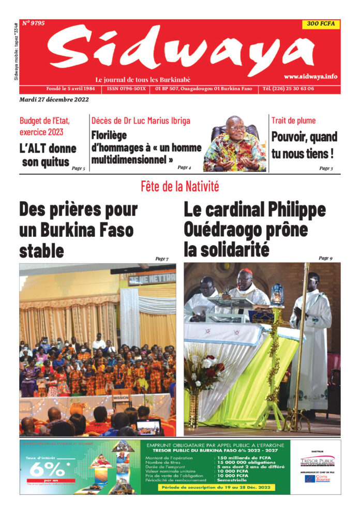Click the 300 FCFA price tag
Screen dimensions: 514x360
pos(321,24)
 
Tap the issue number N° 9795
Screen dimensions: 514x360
pos(34,23)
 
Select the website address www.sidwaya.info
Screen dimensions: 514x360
pos(310,77)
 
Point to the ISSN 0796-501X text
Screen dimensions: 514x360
pos(127,88)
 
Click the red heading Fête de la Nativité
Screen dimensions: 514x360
pos(180,186)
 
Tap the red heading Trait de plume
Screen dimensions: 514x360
pos(293,120)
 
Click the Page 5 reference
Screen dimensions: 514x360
pos(78,169)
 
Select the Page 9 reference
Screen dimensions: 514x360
pos(325,258)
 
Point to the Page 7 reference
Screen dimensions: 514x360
pos(161,259)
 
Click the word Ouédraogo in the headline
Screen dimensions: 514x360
pos(224,230)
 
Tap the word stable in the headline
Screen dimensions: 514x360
pos(41,251)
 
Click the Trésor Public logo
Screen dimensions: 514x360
pos(318,461)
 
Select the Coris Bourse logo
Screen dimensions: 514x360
pos(318,479)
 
